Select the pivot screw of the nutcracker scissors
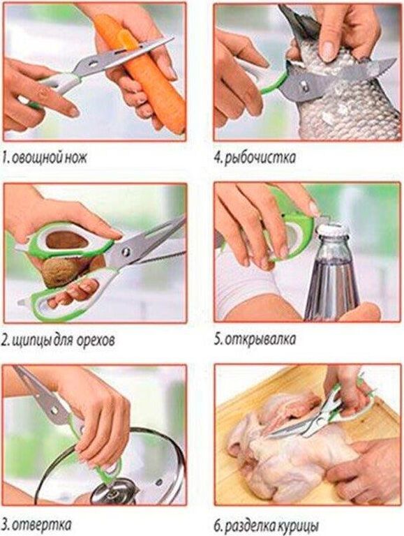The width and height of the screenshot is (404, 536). coord(126,252)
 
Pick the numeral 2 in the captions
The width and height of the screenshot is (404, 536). coord(4,341)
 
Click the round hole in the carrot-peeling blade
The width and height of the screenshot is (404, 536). coord(93,64)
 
